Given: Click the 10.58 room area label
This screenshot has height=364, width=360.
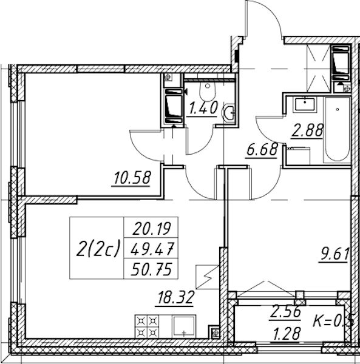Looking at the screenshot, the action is point(132,178).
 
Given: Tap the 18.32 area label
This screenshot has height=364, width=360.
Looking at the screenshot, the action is point(175,298).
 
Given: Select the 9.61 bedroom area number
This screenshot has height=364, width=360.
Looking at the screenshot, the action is point(335,254).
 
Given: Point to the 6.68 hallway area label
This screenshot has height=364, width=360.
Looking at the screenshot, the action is point(262,150).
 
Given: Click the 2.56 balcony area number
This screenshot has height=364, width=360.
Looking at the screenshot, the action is point(285,312).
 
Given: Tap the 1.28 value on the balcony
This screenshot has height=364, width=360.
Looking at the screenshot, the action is point(287,333).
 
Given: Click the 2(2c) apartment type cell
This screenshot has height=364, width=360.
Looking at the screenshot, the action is point(97,248).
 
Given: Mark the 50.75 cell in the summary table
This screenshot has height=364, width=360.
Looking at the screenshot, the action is point(151,269).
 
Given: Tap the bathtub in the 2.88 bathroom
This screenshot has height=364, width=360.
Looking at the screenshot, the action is point(338,129).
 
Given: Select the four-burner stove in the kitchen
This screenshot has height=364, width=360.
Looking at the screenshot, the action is point(147,326).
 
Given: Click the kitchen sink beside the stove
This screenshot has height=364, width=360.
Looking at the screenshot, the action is point(184,326).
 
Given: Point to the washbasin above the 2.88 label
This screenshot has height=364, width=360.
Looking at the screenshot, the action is point(305,104).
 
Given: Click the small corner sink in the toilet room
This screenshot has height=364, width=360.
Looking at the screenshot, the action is point(229,113).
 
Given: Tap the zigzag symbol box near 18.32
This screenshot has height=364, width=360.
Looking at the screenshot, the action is point(208,277).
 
